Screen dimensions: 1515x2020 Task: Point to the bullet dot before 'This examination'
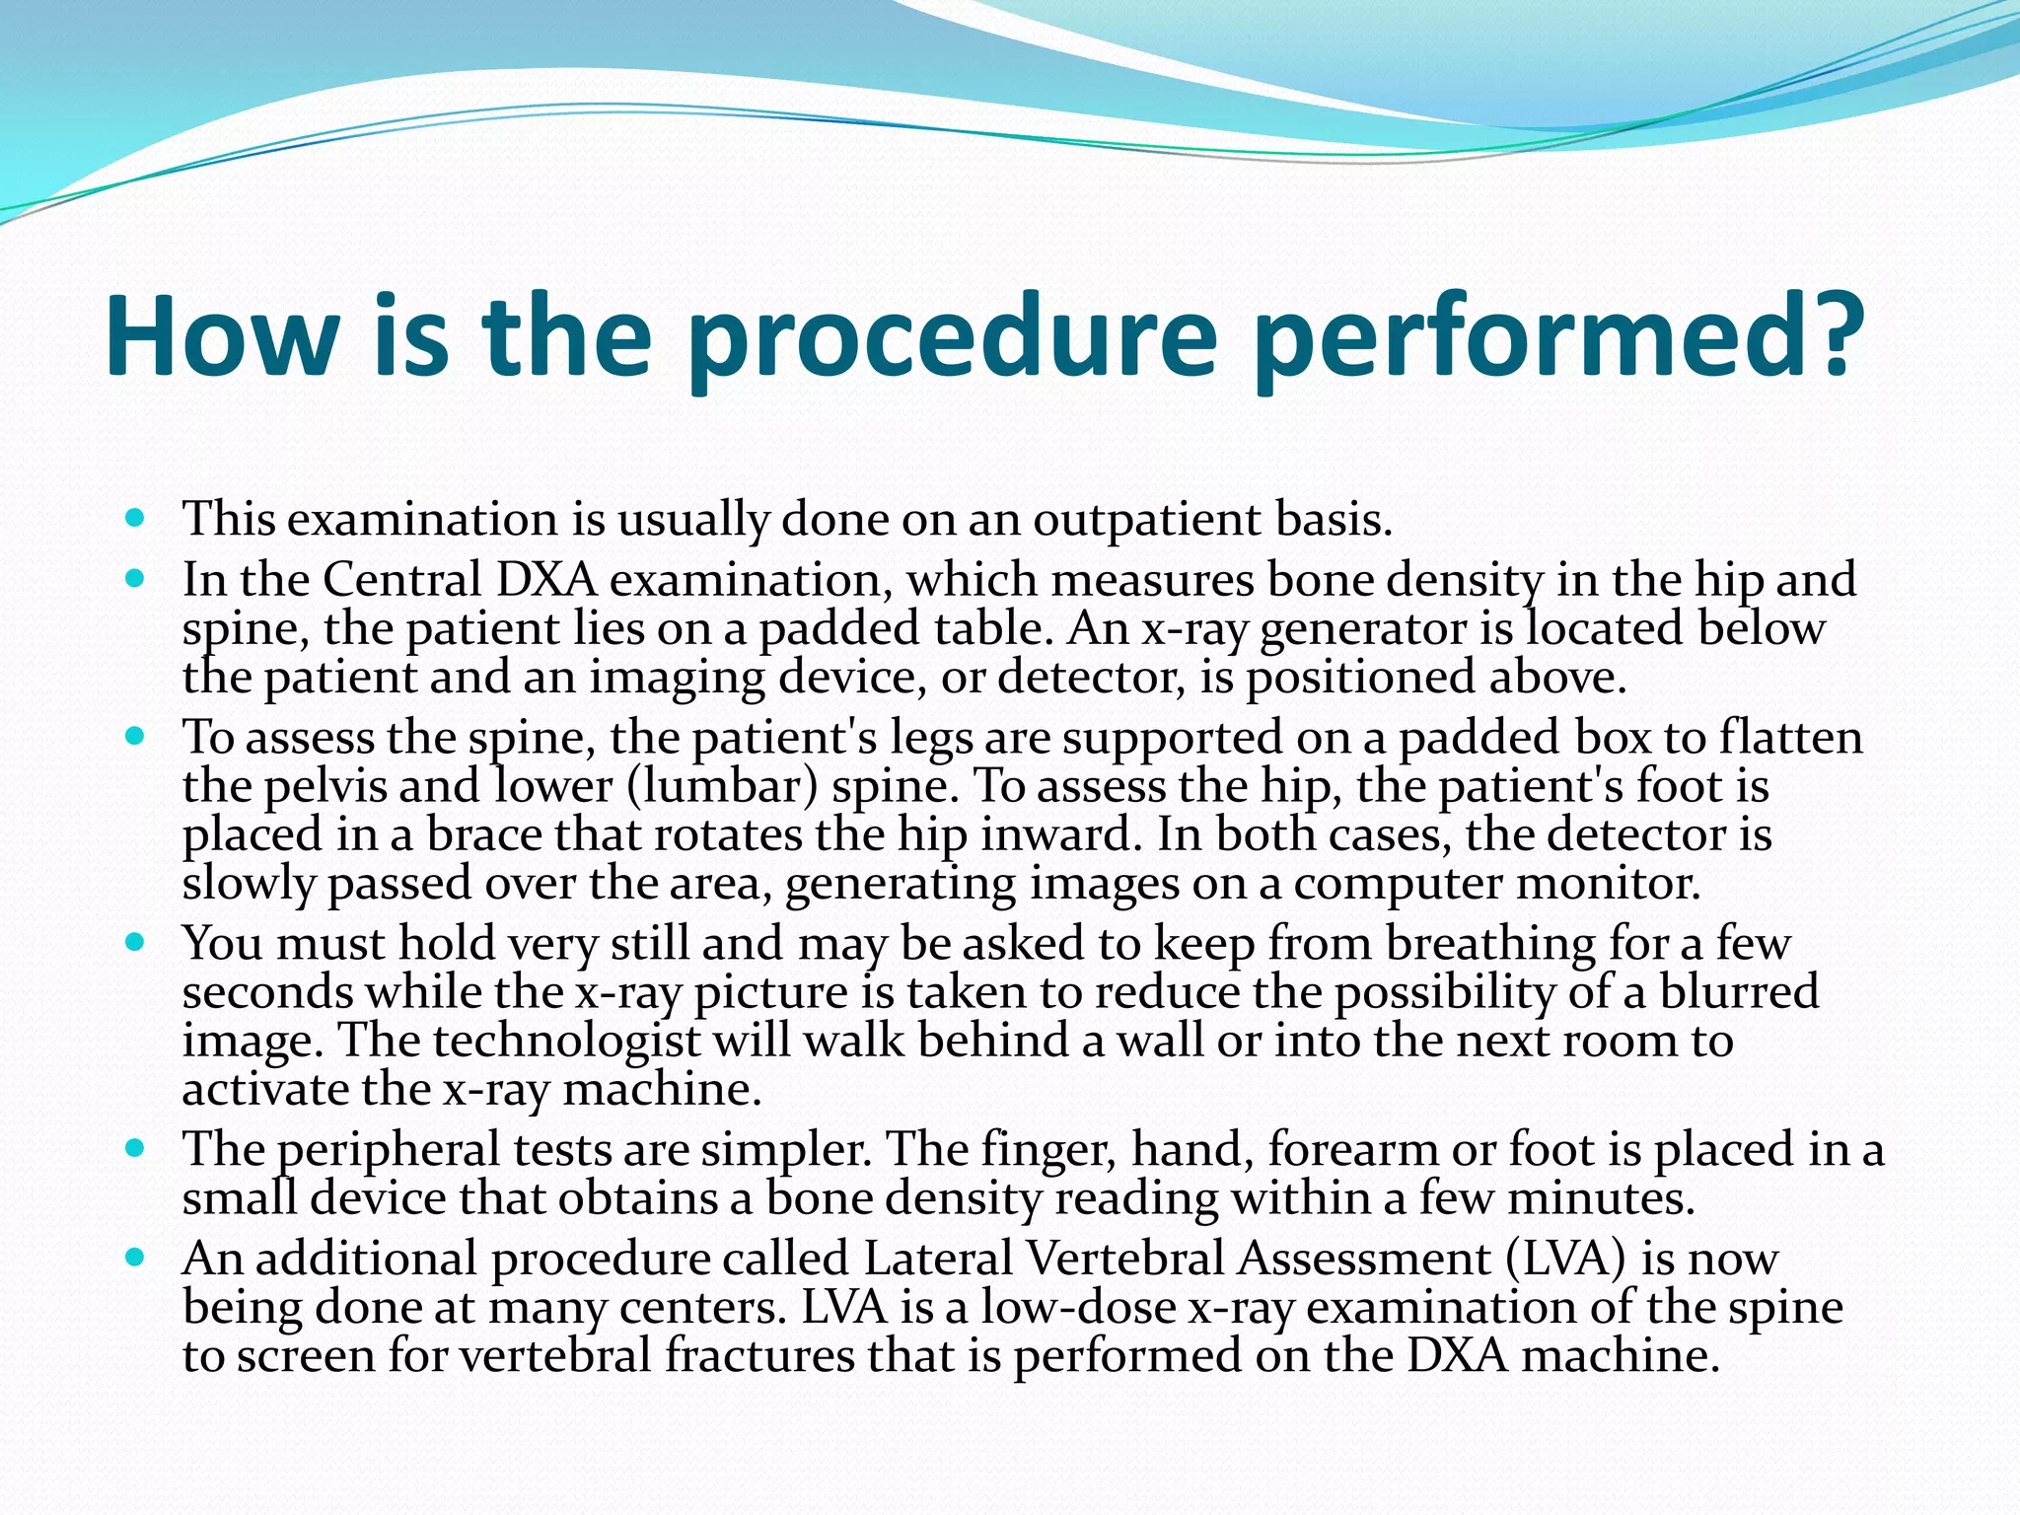pos(136,516)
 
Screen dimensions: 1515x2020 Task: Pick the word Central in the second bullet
pos(401,579)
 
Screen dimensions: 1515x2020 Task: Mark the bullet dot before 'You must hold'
pos(136,941)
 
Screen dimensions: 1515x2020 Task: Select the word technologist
pos(567,1042)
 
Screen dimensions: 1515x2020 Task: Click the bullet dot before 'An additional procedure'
pos(136,1257)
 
